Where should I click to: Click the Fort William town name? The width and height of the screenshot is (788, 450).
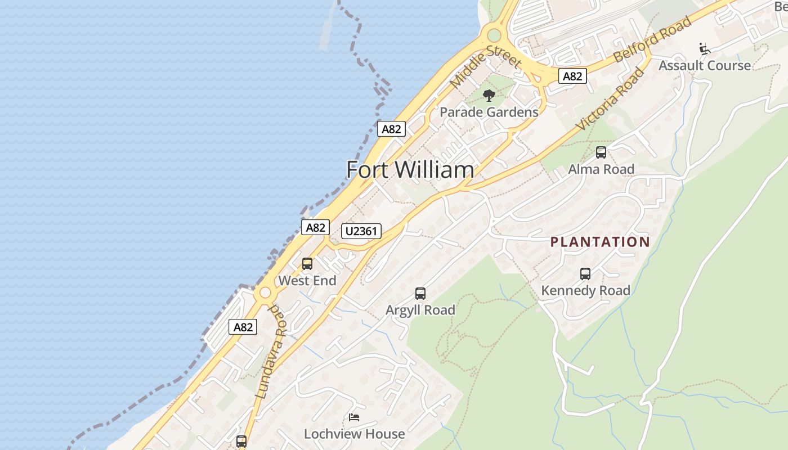click(x=410, y=170)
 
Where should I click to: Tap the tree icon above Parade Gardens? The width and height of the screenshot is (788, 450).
click(x=489, y=95)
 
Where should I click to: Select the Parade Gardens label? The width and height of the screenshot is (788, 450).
click(x=489, y=112)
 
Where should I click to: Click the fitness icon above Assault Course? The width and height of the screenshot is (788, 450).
click(x=704, y=48)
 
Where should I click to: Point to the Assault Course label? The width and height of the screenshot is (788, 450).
click(x=704, y=65)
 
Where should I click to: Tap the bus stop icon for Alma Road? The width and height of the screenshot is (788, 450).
click(x=601, y=152)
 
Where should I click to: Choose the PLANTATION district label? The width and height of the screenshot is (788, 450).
click(x=600, y=242)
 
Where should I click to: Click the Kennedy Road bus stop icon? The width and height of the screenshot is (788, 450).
click(x=585, y=274)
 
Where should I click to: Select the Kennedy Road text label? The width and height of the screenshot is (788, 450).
click(x=585, y=290)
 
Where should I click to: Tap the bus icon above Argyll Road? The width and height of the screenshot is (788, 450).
click(x=420, y=293)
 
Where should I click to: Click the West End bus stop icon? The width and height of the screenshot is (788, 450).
click(x=307, y=263)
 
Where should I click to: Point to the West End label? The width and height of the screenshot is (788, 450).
click(x=307, y=280)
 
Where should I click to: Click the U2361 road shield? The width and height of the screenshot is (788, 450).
click(x=361, y=231)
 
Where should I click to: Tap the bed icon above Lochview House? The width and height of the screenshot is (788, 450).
click(x=354, y=417)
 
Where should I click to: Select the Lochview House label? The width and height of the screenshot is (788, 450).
click(x=354, y=434)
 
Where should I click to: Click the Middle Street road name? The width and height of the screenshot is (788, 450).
click(x=485, y=65)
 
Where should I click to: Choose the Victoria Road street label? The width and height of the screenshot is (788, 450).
click(x=611, y=99)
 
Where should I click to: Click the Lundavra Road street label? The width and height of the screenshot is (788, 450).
click(x=271, y=352)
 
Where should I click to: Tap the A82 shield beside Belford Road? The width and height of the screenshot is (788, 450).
click(x=572, y=76)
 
